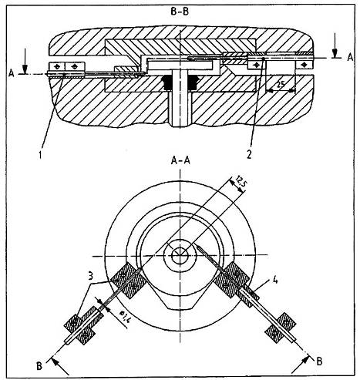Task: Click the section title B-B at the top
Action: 180,12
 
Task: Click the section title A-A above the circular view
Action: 180,160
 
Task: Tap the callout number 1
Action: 40,155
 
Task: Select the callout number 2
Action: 249,154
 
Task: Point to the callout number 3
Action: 90,276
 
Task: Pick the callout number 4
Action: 275,281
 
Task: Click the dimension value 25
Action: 281,85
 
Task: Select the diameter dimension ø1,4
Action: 125,316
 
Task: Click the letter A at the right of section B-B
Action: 350,57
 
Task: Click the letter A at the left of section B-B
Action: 12,74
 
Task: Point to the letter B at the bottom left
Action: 39,366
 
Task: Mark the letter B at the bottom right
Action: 319,362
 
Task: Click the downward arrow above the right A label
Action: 335,45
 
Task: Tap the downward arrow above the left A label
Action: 25,61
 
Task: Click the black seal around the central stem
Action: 180,82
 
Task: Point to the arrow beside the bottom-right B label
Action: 301,364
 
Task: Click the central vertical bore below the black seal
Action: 180,109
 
